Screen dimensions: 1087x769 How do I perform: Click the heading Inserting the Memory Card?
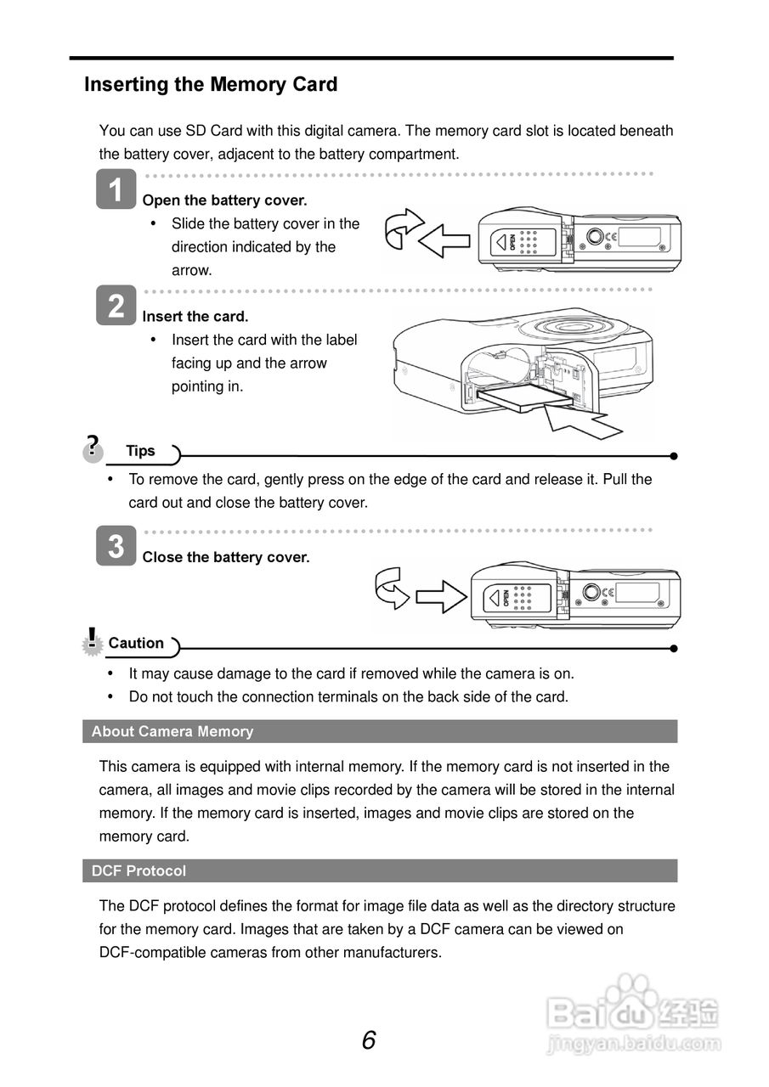tap(211, 85)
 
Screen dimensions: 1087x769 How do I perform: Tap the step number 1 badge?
tap(116, 189)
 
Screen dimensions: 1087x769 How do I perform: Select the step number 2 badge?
tap(116, 305)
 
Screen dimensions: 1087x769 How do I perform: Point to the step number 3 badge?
tap(116, 546)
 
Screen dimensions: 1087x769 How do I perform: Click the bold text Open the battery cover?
tap(224, 200)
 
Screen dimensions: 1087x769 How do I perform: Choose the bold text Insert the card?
tap(195, 317)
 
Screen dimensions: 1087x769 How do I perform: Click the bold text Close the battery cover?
tap(226, 558)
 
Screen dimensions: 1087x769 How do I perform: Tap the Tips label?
tap(140, 451)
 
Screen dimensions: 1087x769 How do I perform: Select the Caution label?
tap(136, 644)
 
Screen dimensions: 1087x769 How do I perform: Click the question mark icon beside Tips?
tap(93, 447)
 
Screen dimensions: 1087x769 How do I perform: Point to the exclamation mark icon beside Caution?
tap(92, 640)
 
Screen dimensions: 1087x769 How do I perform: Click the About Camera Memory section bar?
tap(380, 731)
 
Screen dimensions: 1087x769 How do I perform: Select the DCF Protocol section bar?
tap(380, 870)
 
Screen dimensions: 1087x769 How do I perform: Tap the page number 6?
tap(369, 1040)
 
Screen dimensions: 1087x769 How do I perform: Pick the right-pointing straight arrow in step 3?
tap(442, 596)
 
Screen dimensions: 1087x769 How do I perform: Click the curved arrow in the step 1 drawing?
tap(402, 228)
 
